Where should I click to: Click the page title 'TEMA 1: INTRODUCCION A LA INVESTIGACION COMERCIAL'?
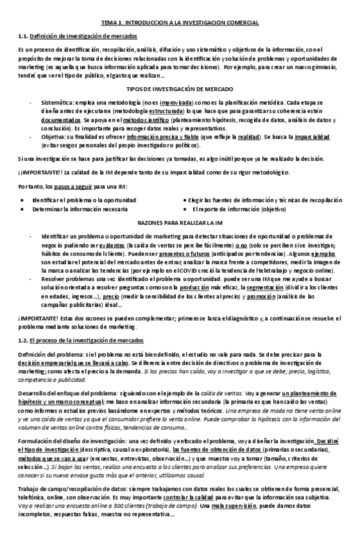[180, 23]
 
